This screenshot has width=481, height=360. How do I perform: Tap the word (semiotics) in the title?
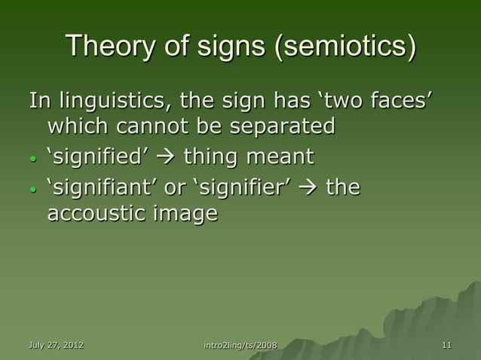(344, 47)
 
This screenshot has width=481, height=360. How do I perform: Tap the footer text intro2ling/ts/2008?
(240, 346)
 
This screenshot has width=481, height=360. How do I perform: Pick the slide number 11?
(447, 346)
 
